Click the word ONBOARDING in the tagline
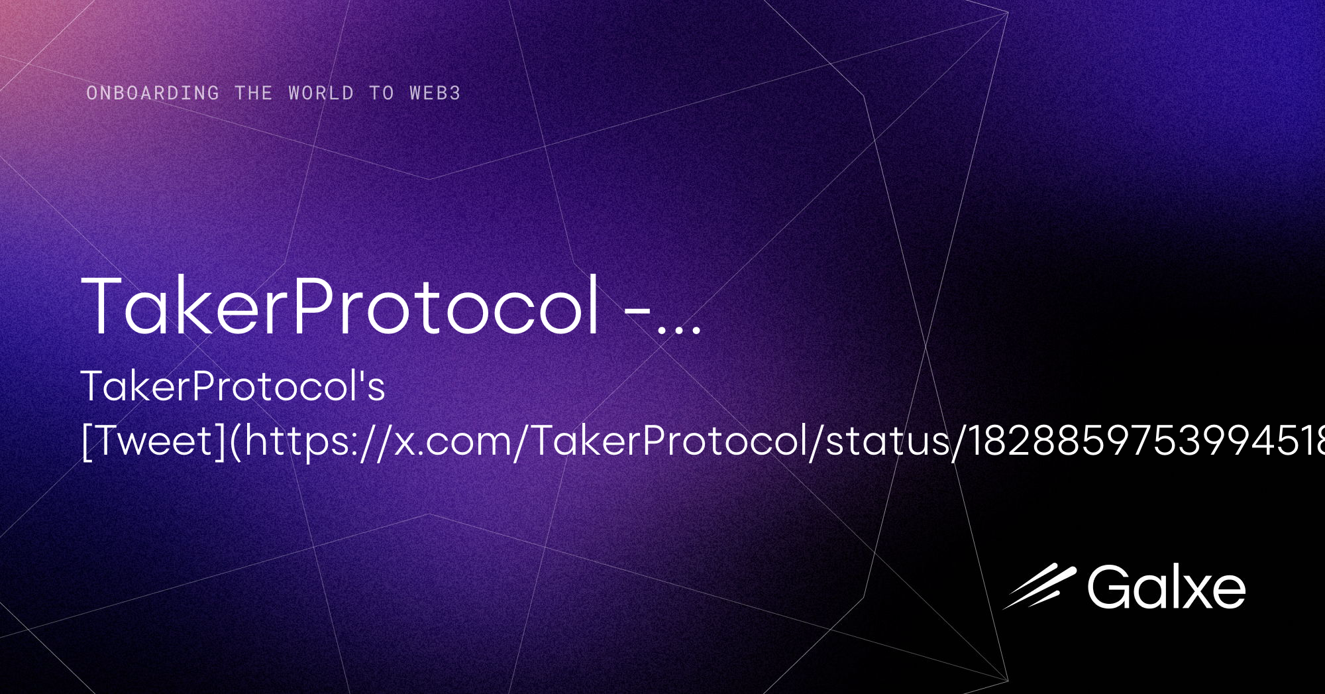click(152, 93)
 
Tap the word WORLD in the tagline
click(321, 93)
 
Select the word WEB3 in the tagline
click(435, 93)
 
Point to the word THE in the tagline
click(253, 93)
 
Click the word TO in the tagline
click(382, 93)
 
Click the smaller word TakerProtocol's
click(233, 386)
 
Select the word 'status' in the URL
click(888, 441)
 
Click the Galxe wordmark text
click(1166, 587)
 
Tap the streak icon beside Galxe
click(1039, 587)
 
